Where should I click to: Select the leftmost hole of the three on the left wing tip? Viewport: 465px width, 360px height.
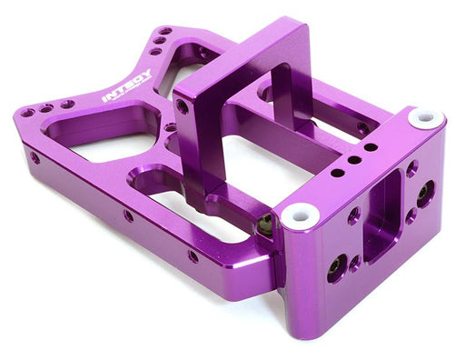(27, 113)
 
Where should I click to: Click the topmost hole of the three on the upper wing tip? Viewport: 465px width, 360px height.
(165, 31)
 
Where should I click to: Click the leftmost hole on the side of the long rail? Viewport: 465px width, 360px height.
(35, 157)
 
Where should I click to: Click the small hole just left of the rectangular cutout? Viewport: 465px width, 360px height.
(353, 215)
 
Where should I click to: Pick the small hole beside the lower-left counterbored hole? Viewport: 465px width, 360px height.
(355, 262)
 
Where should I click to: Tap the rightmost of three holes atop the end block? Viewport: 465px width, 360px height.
(372, 145)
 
